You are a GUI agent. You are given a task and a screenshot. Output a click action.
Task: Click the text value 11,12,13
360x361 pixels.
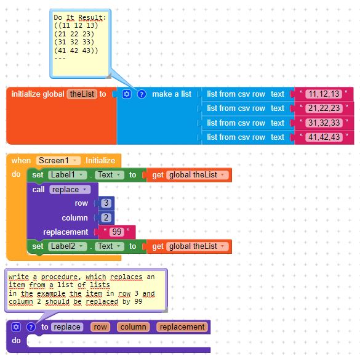(x=324, y=94)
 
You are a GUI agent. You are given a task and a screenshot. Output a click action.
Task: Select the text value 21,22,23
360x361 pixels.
(x=324, y=108)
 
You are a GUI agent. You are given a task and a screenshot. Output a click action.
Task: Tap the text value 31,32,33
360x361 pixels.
(x=324, y=123)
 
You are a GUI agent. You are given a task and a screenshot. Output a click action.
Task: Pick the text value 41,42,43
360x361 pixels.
(x=324, y=137)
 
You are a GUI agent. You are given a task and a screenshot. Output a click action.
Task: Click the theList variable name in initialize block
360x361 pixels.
(x=82, y=94)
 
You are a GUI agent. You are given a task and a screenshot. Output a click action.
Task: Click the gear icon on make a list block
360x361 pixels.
(x=127, y=94)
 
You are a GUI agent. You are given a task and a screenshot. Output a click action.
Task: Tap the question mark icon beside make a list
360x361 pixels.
(x=142, y=94)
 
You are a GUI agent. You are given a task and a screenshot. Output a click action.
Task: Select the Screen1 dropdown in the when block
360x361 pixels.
(x=58, y=160)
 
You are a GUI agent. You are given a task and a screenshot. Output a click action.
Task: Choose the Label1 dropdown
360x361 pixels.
(x=68, y=175)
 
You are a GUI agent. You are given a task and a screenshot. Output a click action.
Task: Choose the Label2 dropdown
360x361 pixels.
(x=68, y=246)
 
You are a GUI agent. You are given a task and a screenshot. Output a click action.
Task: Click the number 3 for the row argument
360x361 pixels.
(x=106, y=203)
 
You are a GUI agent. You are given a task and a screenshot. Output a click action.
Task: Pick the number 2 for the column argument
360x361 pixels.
(x=106, y=218)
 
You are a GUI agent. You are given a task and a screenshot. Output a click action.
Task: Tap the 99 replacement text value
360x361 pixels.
(x=117, y=232)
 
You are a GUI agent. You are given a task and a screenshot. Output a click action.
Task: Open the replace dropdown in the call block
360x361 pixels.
(x=70, y=190)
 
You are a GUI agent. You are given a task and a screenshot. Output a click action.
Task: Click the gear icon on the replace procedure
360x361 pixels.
(x=16, y=327)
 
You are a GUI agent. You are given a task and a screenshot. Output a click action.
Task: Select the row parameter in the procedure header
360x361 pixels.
(x=100, y=327)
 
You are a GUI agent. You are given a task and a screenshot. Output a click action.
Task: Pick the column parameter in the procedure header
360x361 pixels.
(x=133, y=327)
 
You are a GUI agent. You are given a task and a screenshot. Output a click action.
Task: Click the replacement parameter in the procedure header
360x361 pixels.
(x=182, y=327)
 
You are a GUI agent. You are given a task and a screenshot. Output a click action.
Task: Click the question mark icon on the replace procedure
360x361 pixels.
(x=31, y=327)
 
